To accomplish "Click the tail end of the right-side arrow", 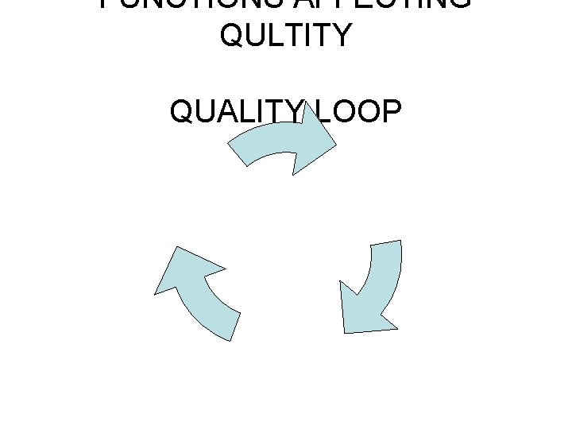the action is point(386,247).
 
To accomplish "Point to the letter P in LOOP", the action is point(391,113).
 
